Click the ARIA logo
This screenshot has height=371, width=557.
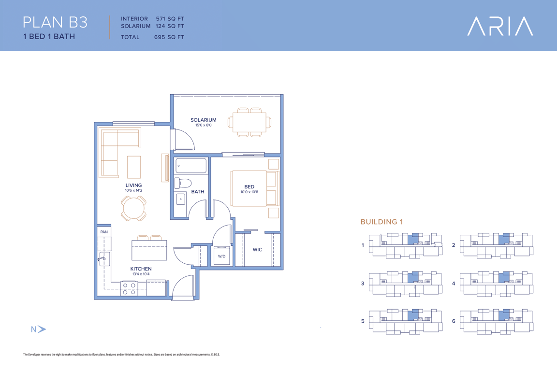pyautogui.click(x=500, y=26)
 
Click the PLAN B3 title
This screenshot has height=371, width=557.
pyautogui.click(x=55, y=22)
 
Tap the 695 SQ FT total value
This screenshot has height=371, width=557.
pyautogui.click(x=169, y=37)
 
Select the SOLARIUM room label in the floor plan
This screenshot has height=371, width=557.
pyautogui.click(x=203, y=120)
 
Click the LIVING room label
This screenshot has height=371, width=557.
pyautogui.click(x=133, y=185)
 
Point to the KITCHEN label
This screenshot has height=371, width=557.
pyautogui.click(x=141, y=269)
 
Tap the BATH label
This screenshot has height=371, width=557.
pyautogui.click(x=197, y=192)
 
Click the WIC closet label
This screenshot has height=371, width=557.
pyautogui.click(x=258, y=250)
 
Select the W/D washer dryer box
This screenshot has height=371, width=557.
pyautogui.click(x=221, y=256)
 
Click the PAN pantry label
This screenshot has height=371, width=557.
pyautogui.click(x=104, y=232)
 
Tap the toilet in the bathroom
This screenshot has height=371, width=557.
pyautogui.click(x=183, y=183)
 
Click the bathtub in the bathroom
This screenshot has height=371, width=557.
pyautogui.click(x=191, y=166)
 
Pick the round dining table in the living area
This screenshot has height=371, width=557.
pyautogui.click(x=133, y=208)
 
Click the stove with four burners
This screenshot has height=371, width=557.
pyautogui.click(x=129, y=288)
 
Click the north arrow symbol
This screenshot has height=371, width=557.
pyautogui.click(x=42, y=329)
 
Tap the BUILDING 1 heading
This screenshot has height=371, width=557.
pyautogui.click(x=381, y=222)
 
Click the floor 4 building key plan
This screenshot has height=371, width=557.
pyautogui.click(x=496, y=283)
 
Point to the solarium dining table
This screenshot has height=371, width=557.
pyautogui.click(x=249, y=122)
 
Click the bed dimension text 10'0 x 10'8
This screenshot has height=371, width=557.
pyautogui.click(x=249, y=192)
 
